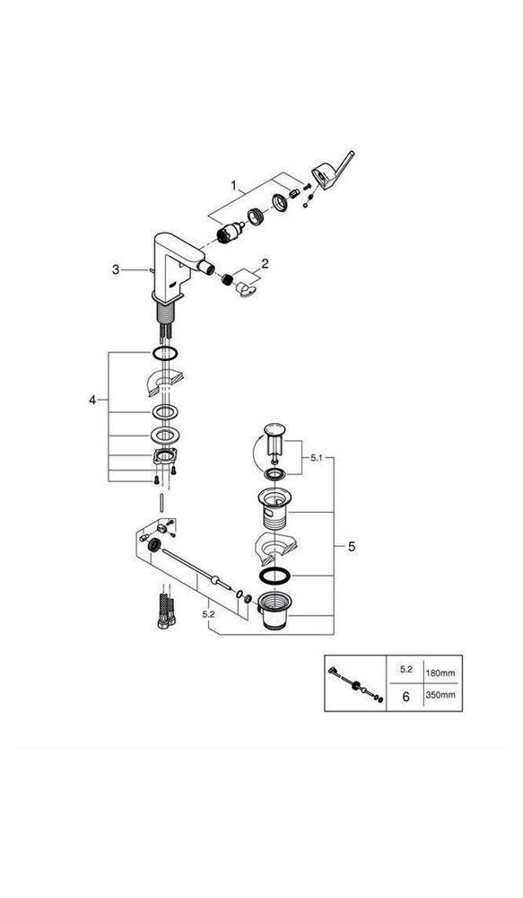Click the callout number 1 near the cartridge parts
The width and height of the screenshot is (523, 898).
234,187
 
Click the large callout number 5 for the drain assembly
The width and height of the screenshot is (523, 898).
351,544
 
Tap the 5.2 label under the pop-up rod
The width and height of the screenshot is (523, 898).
207,613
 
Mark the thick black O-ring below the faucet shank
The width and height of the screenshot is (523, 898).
163,354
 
